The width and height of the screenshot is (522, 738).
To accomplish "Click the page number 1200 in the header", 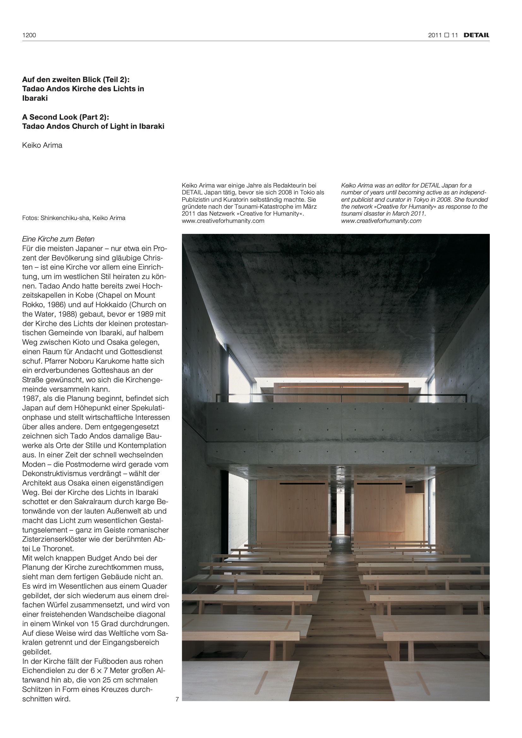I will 29,35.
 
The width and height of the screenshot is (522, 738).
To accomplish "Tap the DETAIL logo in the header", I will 476,35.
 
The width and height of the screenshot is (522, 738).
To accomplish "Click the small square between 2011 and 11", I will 447,35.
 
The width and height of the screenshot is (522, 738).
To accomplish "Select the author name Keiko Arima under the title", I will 42,145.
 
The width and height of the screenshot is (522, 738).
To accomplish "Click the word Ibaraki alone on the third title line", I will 35,98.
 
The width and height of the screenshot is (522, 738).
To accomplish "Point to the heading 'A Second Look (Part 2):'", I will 66,117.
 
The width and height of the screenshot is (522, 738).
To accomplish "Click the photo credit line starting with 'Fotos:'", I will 74,218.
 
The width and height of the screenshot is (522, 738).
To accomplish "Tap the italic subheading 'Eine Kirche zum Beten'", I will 58,239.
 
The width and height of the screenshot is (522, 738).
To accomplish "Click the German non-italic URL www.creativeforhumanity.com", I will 223,221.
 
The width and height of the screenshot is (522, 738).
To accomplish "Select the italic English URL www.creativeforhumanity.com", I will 381,221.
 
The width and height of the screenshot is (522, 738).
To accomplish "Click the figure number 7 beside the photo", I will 177,699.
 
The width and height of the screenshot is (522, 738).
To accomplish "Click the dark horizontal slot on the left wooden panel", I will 302,484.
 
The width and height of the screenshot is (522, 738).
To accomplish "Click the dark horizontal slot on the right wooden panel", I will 380,484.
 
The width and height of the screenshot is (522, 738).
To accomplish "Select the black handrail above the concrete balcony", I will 341,395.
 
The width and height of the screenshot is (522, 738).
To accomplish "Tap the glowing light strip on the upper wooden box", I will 341,387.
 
